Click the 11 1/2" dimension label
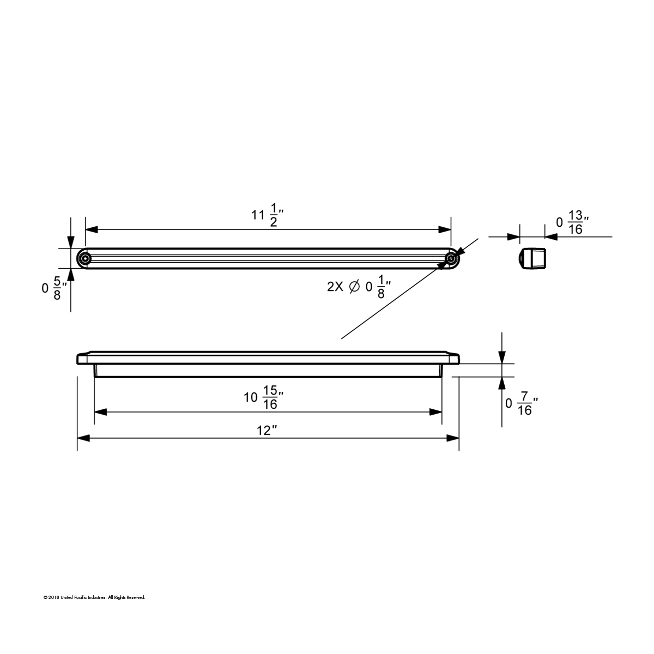click(267, 214)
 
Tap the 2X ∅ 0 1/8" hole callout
click(359, 287)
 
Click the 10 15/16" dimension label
click(264, 397)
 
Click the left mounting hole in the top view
click(84, 258)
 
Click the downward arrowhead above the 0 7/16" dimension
click(501, 357)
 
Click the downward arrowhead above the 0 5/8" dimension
click(71, 243)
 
